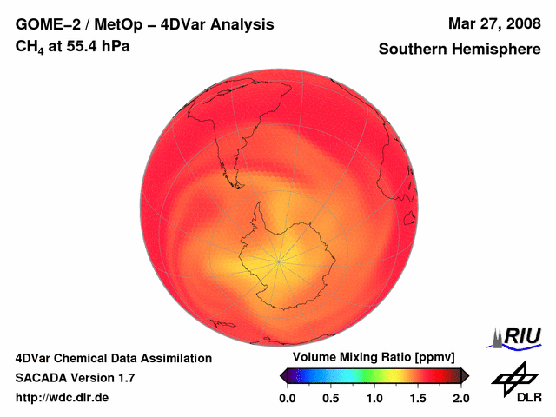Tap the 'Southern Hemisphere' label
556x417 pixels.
coord(459,50)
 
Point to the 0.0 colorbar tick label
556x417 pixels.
coord(287,398)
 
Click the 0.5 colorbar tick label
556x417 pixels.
coord(330,398)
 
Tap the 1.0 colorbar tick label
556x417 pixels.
coord(374,398)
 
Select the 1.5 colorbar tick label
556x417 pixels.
coord(417,398)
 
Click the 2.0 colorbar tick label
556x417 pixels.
coord(460,398)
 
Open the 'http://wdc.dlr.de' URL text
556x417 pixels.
coord(63,398)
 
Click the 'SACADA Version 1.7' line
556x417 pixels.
coord(75,378)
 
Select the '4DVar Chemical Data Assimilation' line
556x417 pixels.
coord(113,358)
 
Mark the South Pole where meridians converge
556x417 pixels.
coord(279,259)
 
